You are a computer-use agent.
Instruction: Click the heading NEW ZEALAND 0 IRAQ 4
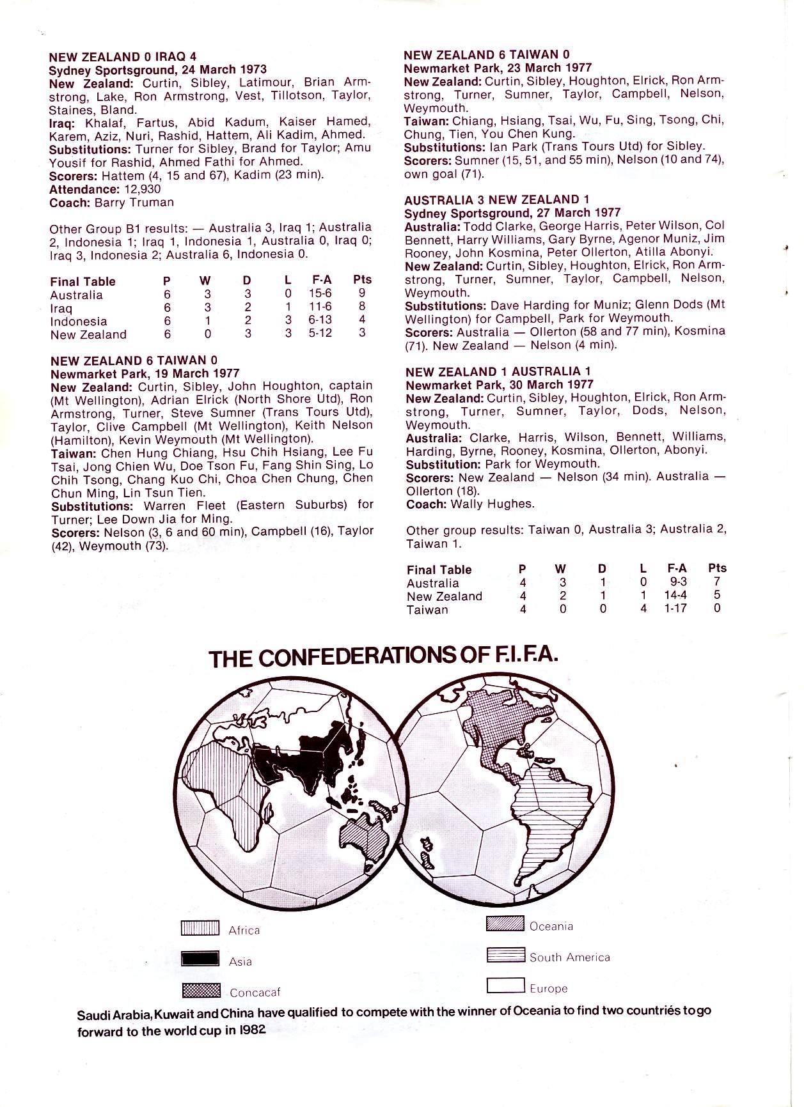[123, 57]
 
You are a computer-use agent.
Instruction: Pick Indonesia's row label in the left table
[78, 321]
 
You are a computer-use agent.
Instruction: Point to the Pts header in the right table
[717, 568]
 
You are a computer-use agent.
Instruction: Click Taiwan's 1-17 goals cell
[676, 609]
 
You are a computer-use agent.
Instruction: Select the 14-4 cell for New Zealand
[676, 596]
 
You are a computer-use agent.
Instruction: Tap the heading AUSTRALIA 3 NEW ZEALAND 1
[497, 199]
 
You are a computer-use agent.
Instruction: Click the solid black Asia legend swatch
[200, 959]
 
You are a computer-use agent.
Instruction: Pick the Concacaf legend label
[255, 993]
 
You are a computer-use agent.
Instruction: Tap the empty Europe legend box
[505, 986]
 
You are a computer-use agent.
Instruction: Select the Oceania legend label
[551, 926]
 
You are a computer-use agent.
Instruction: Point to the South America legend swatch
[505, 955]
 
